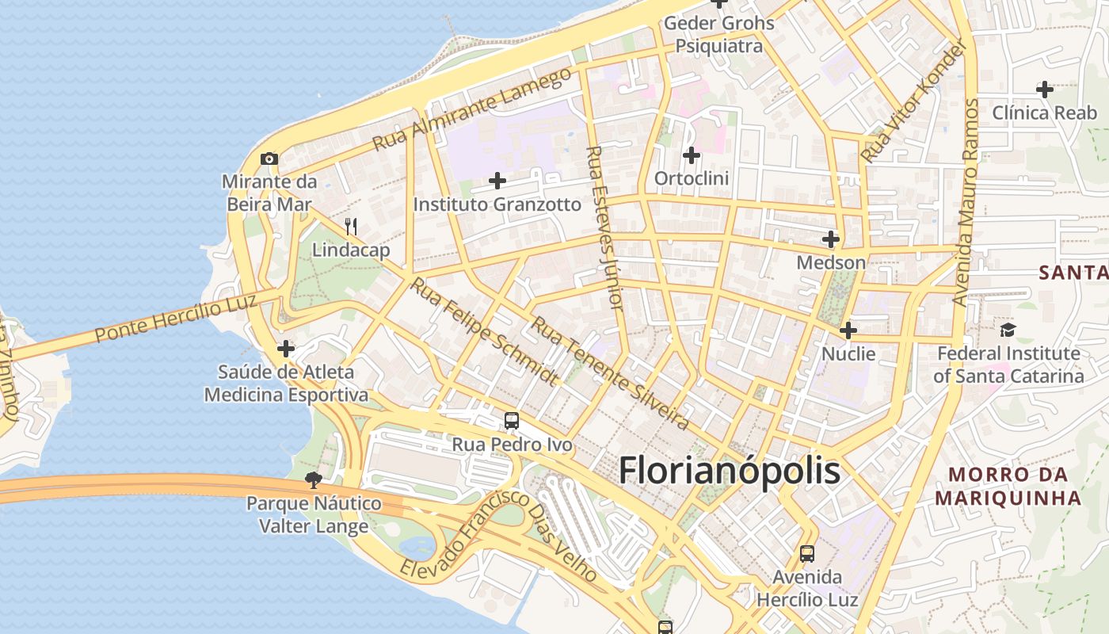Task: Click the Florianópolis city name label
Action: (729, 471)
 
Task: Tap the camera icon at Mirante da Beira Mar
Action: (269, 158)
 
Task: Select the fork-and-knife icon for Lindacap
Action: (351, 227)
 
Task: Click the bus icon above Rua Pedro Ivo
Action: (512, 421)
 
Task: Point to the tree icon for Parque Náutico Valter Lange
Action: (314, 479)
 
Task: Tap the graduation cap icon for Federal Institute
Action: (1008, 330)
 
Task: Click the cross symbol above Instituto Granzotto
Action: (497, 181)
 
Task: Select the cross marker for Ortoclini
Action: (692, 155)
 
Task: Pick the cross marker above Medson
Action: (831, 239)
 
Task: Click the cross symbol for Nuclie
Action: (848, 330)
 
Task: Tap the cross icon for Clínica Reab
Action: (1045, 90)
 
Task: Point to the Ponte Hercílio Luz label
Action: (176, 318)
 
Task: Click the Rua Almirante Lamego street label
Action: (472, 109)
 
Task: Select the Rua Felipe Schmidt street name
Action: (483, 331)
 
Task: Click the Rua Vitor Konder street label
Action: (915, 101)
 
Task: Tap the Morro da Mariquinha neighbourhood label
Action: (1008, 487)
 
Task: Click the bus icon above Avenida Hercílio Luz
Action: (807, 554)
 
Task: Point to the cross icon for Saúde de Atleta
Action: (286, 349)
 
